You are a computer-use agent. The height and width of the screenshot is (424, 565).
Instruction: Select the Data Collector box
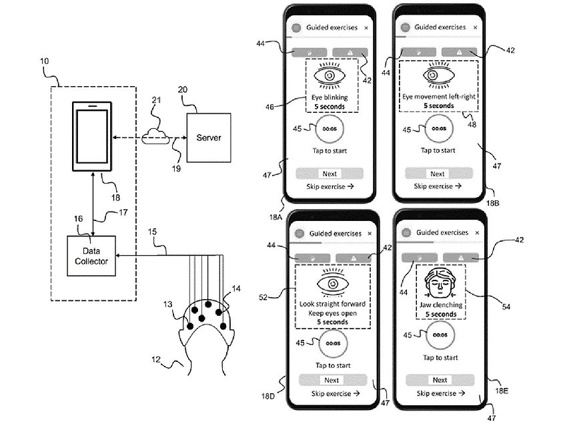tap(91, 256)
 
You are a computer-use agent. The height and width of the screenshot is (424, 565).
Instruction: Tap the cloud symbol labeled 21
tap(154, 136)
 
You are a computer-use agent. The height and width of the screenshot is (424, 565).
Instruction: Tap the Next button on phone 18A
tap(330, 173)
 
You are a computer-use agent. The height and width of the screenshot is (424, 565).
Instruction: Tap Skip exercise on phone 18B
tap(438, 186)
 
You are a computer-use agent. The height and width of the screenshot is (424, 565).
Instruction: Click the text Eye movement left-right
tap(438, 97)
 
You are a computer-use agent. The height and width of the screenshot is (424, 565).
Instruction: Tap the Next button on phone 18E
tap(440, 380)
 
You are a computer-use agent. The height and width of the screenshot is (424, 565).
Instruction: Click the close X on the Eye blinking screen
tap(366, 28)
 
